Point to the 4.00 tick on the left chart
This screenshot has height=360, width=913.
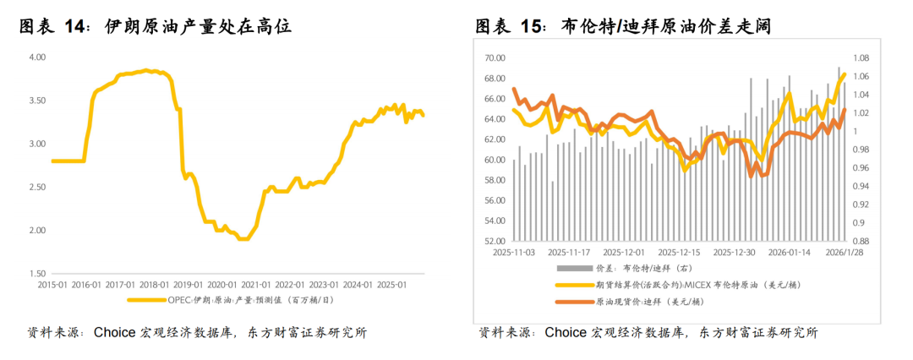tap(36, 57)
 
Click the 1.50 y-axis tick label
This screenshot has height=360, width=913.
tap(36, 274)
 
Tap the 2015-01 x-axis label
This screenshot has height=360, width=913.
tap(52, 285)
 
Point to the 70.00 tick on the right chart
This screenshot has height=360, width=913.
tap(495, 57)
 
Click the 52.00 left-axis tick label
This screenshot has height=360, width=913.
tap(495, 241)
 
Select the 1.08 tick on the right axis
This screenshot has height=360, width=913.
tap(861, 58)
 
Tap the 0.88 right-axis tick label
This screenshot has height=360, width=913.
tap(861, 241)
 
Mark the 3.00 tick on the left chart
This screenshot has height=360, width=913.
tap(36, 145)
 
